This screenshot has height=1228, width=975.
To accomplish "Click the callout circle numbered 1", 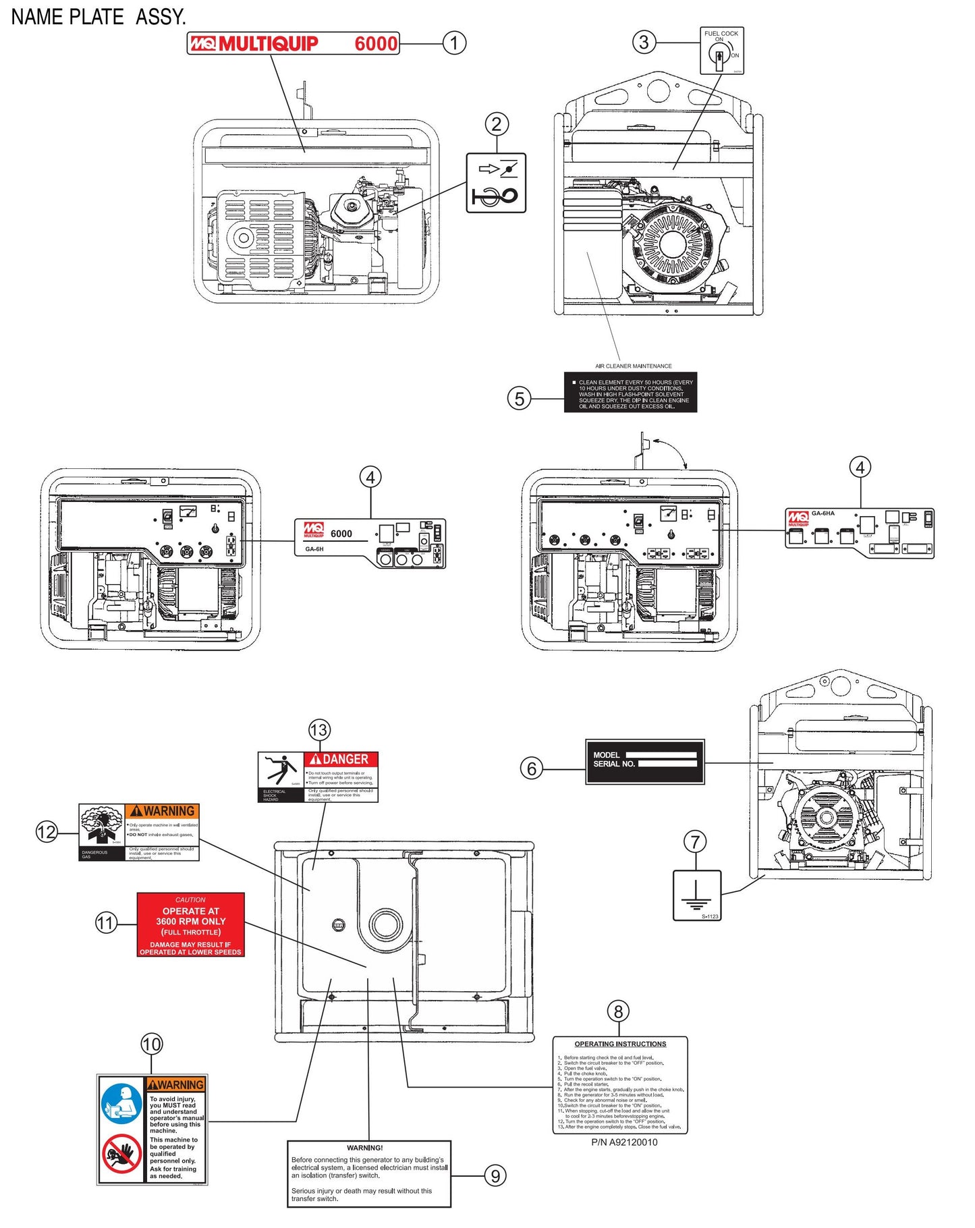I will tap(454, 43).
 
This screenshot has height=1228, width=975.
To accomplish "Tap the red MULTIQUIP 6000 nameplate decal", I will tap(293, 44).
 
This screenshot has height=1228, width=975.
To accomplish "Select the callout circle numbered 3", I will tap(644, 43).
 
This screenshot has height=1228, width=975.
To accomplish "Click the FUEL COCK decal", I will tap(721, 51).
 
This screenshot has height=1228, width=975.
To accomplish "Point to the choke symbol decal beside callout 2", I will tap(496, 183).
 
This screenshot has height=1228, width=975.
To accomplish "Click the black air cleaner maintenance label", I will tap(630, 392).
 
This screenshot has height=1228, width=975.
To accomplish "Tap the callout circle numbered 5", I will tap(519, 398).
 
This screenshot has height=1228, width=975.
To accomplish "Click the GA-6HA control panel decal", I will tap(860, 533).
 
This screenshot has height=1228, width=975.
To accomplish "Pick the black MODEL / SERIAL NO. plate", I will tap(644, 761).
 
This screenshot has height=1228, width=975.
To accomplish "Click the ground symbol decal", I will tap(697, 895).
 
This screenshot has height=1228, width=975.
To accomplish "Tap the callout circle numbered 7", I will tap(695, 841).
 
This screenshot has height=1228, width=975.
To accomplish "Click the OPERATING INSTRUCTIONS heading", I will tap(620, 1044).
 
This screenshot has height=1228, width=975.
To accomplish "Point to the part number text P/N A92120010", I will tap(624, 1142).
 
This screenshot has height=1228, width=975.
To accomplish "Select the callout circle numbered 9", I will tap(495, 1176).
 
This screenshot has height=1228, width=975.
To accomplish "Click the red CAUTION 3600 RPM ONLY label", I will tap(190, 924).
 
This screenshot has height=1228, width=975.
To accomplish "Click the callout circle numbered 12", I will tap(47, 832).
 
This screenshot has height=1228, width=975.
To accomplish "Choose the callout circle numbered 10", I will tap(151, 1044).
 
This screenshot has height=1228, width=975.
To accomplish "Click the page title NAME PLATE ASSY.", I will tap(98, 17).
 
